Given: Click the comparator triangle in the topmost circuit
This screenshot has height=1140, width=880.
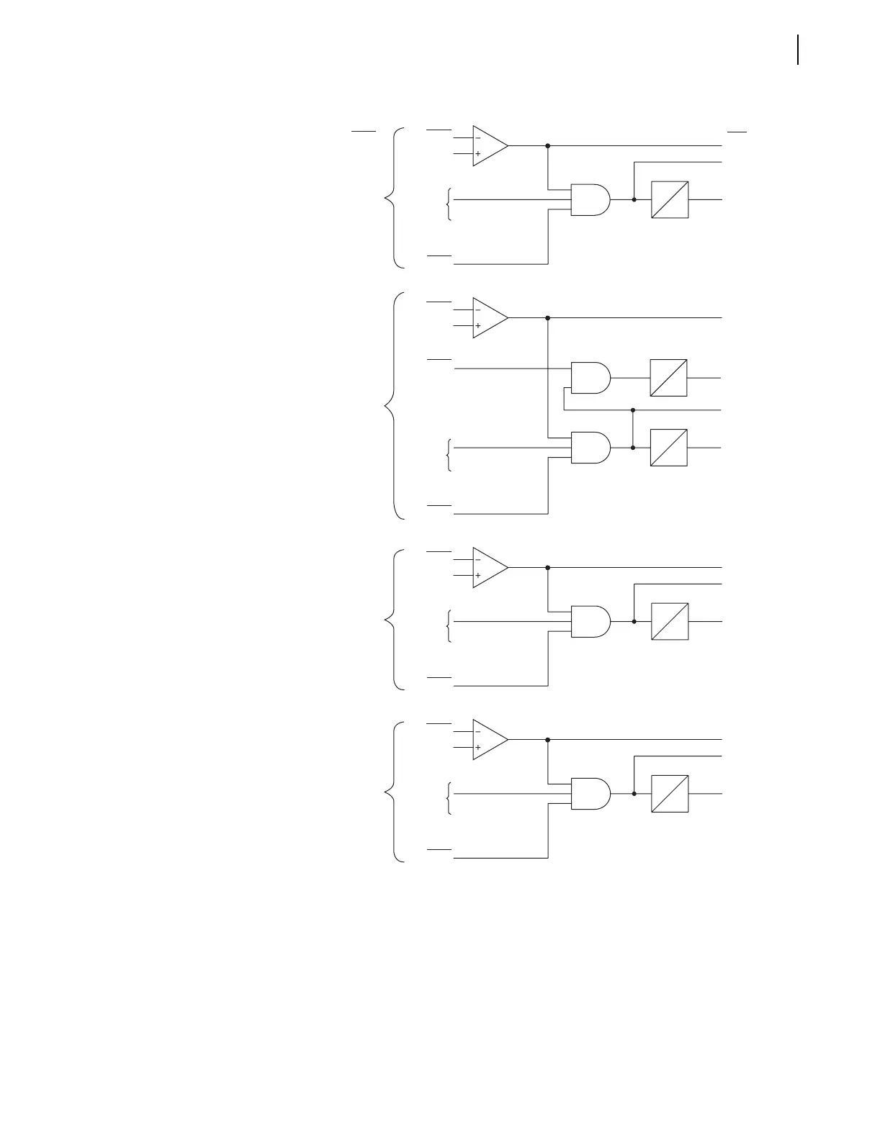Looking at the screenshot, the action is (488, 145).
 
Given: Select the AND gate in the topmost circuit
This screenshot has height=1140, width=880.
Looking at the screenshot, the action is (590, 199).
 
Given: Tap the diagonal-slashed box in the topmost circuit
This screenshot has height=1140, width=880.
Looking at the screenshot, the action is (670, 199).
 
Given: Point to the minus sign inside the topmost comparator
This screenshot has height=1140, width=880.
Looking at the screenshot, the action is (477, 137).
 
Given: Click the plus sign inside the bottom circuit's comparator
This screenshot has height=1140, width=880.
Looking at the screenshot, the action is (477, 748).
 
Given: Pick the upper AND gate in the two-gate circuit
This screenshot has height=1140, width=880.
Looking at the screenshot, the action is (590, 377).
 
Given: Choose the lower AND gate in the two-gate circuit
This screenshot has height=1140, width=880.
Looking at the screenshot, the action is (590, 448).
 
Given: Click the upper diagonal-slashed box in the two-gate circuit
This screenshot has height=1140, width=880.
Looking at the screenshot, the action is (668, 377).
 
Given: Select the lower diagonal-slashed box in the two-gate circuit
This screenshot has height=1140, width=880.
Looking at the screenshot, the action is (668, 448).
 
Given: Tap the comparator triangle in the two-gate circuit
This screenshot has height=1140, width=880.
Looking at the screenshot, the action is (488, 317).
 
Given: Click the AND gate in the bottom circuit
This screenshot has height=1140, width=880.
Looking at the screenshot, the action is (590, 793).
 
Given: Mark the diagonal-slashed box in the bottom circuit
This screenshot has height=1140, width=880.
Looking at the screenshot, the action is (670, 793).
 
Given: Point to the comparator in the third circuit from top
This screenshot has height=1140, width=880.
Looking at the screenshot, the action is (488, 567).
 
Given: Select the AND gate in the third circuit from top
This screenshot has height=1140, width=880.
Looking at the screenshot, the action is (590, 620).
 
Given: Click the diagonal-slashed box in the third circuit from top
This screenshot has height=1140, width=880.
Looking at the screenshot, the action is (670, 620).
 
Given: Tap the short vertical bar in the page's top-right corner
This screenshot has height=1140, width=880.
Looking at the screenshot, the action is (798, 50).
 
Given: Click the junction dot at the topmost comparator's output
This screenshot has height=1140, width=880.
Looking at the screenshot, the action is (548, 145).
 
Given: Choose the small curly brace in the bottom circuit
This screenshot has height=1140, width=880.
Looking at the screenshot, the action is (449, 797).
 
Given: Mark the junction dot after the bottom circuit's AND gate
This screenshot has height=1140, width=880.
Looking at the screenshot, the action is (634, 793).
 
